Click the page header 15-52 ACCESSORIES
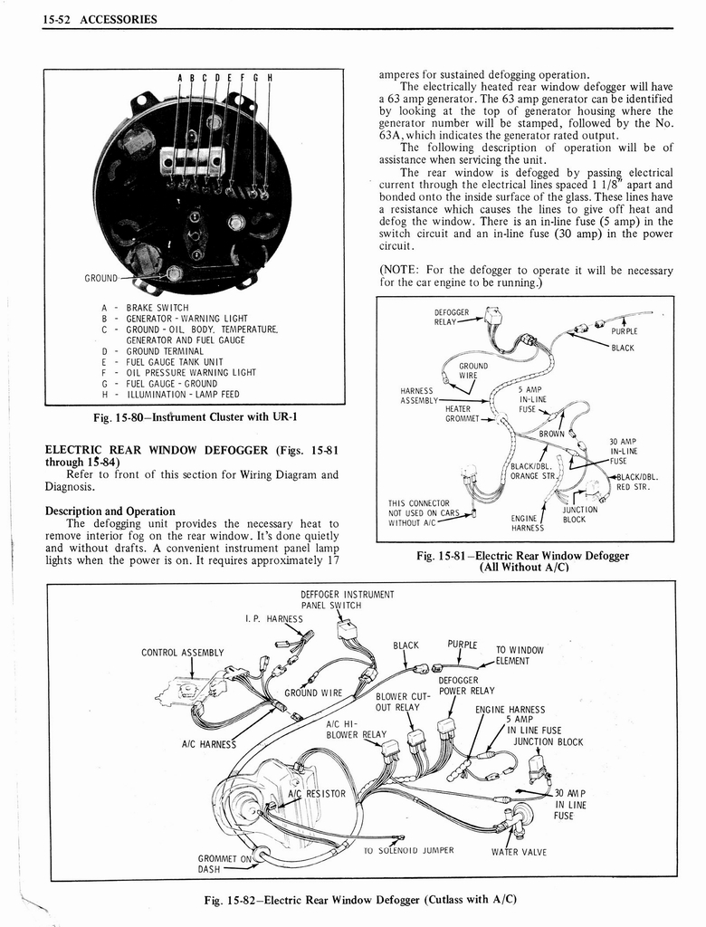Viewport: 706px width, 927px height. [100, 19]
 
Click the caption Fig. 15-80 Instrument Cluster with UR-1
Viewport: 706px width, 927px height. [195, 417]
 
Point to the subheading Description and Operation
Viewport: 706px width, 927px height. [110, 511]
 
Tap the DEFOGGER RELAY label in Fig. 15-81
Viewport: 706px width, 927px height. [452, 316]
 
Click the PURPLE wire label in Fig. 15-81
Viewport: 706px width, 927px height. [625, 331]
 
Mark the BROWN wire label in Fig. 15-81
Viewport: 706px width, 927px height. [552, 434]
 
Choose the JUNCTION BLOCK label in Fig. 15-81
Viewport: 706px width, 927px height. [579, 514]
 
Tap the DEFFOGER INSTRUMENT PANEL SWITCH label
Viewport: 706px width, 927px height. [347, 599]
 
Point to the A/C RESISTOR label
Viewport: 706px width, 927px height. [316, 794]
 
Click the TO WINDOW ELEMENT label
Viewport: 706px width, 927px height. [520, 655]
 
